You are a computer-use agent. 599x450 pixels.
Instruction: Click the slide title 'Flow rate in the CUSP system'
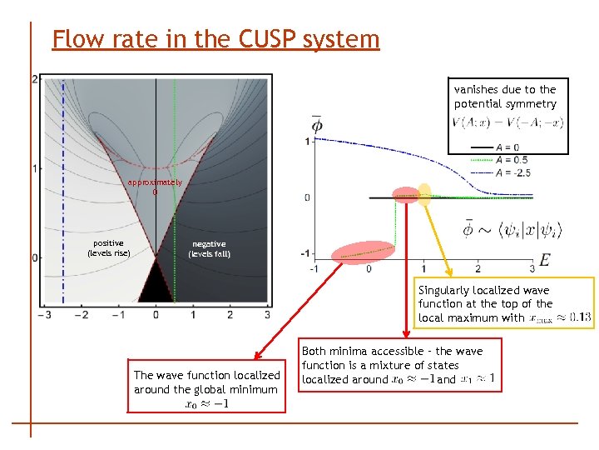click(215, 38)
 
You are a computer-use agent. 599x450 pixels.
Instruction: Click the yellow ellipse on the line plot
click(424, 194)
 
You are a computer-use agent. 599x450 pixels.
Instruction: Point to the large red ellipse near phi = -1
click(363, 252)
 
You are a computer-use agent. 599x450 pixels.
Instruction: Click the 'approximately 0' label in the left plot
click(154, 187)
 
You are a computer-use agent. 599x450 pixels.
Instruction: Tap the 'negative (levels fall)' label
click(209, 249)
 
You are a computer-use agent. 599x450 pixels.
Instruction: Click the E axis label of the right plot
click(543, 259)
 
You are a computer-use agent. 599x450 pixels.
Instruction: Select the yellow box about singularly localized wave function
click(506, 303)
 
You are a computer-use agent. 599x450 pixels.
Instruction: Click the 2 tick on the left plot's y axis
click(34, 79)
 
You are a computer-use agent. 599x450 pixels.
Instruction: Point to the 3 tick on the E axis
click(532, 269)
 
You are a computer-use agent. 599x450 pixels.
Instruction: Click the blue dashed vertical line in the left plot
click(62, 192)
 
